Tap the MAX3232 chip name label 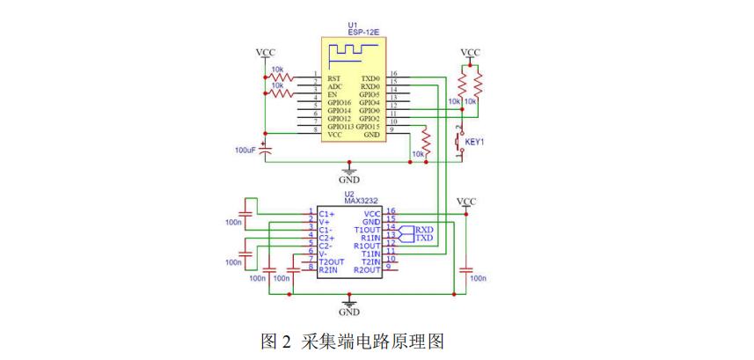361,202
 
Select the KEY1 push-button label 475,141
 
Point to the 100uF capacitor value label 246,151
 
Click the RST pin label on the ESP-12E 333,77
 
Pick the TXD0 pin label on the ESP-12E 370,77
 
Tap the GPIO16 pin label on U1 339,102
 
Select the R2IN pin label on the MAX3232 329,269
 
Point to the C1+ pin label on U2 326,213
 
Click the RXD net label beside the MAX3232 424,230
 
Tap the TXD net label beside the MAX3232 424,239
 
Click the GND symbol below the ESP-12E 350,172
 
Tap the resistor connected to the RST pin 281,77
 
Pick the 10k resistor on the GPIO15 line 427,141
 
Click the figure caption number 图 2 275,341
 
